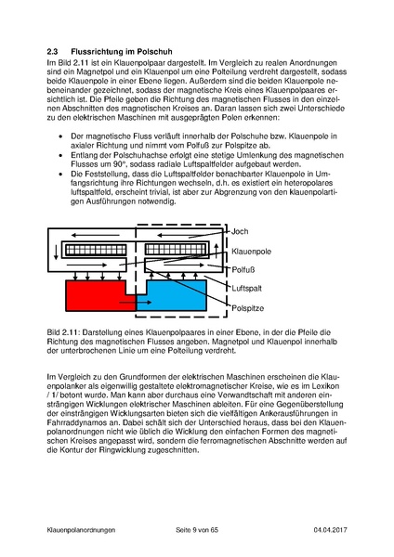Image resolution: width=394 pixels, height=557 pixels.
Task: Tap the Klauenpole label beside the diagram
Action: [x=254, y=251]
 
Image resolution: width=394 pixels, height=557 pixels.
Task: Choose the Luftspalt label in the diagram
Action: [x=247, y=289]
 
